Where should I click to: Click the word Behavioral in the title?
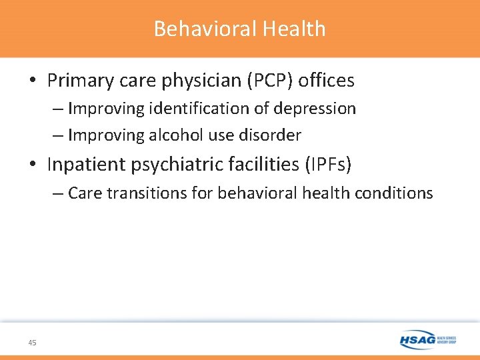205,29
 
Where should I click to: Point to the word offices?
327,81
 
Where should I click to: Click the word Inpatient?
85,164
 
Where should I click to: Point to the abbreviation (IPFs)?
326,164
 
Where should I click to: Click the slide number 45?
32,343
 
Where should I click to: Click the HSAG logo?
427,340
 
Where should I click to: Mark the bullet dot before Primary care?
33,81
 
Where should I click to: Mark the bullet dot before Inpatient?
33,165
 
